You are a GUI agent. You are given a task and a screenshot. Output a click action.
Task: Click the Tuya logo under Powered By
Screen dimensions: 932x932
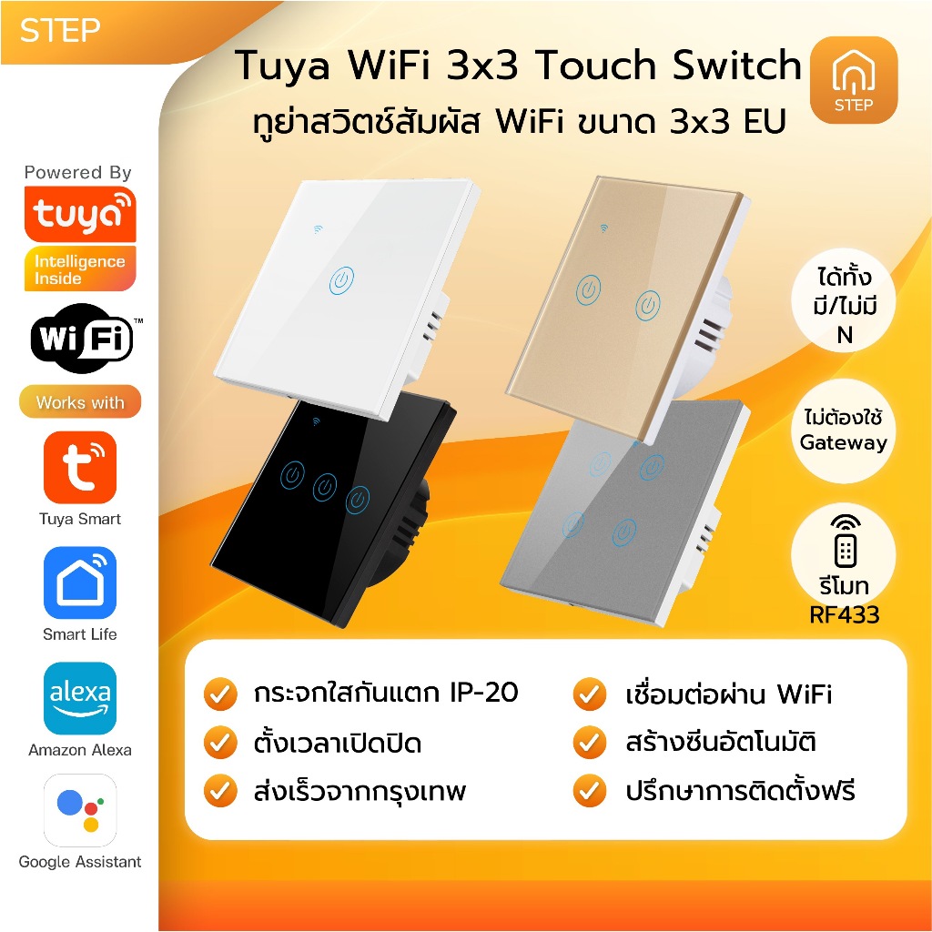tap(80, 214)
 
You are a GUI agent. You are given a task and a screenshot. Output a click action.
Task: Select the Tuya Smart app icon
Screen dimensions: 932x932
tap(80, 468)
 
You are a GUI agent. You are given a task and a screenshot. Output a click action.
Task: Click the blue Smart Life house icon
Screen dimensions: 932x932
tap(80, 583)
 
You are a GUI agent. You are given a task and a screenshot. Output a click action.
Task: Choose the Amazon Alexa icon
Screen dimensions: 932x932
tap(80, 698)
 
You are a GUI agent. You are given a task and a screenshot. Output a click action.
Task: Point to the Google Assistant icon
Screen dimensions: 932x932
tap(80, 810)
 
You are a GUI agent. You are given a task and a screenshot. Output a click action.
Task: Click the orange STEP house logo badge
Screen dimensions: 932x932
tap(853, 80)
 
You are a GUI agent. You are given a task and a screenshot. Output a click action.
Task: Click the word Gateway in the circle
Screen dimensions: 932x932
tap(844, 443)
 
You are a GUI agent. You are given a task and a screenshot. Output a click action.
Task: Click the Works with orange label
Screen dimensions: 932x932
tap(80, 402)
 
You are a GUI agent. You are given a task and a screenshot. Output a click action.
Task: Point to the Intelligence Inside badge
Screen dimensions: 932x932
tap(80, 269)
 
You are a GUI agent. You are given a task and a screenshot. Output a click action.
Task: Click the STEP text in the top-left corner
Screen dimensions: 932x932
tap(60, 30)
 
